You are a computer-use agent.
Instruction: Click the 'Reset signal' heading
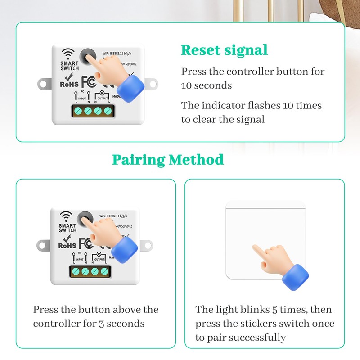[224, 50]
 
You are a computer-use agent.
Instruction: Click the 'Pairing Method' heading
[168, 159]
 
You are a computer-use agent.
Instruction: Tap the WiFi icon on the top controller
[68, 53]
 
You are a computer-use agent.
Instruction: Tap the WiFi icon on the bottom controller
[67, 215]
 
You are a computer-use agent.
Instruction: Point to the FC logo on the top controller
[90, 82]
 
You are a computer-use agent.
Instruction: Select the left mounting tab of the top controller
[44, 83]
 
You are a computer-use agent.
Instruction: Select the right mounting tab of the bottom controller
[146, 246]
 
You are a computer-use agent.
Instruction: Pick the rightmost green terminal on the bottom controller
[105, 271]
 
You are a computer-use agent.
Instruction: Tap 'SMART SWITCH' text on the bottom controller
[67, 227]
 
